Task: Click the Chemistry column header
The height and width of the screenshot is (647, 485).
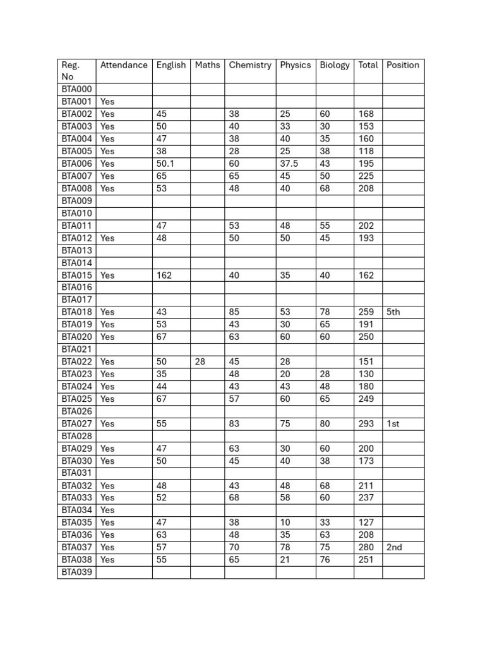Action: pos(250,65)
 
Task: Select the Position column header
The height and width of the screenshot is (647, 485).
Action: pos(403,65)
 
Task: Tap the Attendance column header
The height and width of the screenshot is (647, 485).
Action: pos(124,65)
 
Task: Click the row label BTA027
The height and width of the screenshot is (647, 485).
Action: pos(76,424)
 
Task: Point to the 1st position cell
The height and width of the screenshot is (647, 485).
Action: pos(393,424)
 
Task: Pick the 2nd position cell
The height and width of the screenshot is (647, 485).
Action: pos(394,547)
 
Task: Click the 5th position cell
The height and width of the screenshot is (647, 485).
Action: pos(393,312)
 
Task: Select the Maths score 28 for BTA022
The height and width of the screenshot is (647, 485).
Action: pos(200,361)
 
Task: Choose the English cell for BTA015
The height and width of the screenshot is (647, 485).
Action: pos(164,275)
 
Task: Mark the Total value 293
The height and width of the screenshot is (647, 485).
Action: pos(366,424)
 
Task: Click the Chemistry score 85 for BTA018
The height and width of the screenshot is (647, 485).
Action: pos(234,312)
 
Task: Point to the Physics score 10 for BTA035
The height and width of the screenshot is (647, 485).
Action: pos(285,523)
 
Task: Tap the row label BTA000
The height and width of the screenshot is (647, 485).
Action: pos(76,90)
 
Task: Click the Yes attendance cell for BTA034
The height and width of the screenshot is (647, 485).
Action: pos(107,510)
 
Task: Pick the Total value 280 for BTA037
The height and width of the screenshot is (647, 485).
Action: pos(366,547)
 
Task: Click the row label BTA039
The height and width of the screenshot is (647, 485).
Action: pos(76,572)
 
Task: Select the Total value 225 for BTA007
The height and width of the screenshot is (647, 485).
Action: pos(366,176)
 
